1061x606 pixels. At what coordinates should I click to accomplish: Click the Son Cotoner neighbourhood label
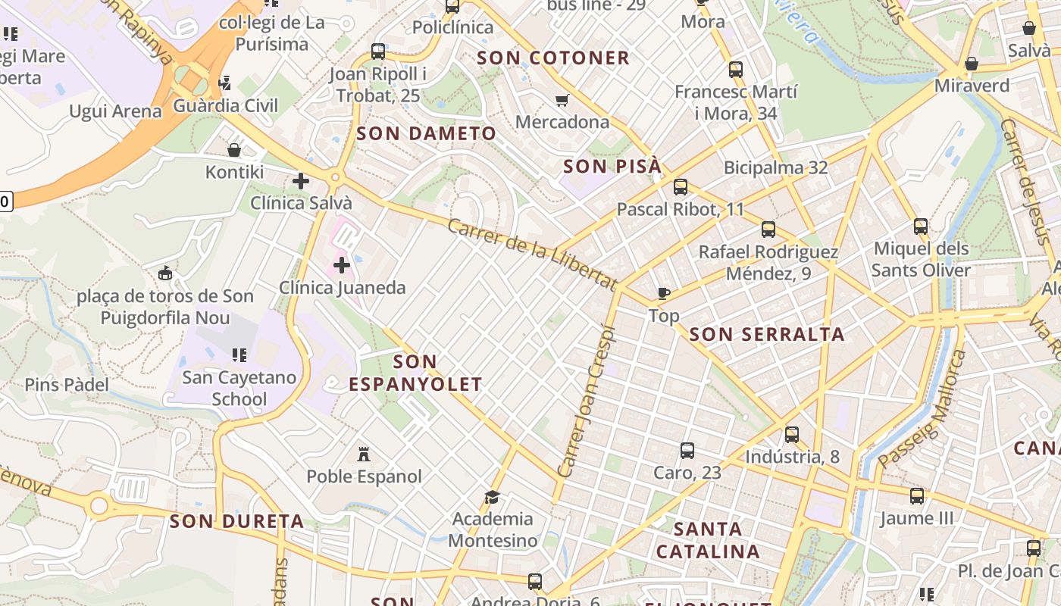pyautogui.click(x=553, y=58)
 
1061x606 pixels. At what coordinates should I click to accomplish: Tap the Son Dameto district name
pyautogui.click(x=426, y=133)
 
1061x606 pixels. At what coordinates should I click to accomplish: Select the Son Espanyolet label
pyautogui.click(x=415, y=373)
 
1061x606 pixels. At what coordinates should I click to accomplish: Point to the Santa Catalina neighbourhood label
pyautogui.click(x=708, y=539)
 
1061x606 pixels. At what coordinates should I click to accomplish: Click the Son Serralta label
pyautogui.click(x=767, y=334)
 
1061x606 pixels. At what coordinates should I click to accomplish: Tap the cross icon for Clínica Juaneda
pyautogui.click(x=342, y=265)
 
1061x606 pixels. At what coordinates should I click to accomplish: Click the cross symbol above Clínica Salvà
pyautogui.click(x=301, y=181)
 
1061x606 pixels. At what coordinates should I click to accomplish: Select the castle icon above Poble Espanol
pyautogui.click(x=364, y=454)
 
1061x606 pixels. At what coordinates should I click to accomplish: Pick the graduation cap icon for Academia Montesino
pyautogui.click(x=493, y=497)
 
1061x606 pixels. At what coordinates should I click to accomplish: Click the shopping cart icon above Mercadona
pyautogui.click(x=562, y=100)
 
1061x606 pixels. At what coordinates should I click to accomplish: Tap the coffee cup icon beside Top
pyautogui.click(x=664, y=293)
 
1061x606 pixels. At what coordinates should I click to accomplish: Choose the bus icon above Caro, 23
pyautogui.click(x=687, y=450)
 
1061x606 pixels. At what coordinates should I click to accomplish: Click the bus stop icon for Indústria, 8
pyautogui.click(x=792, y=434)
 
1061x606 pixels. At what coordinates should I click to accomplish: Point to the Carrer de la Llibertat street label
pyautogui.click(x=532, y=255)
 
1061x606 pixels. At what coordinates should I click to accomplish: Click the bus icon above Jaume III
pyautogui.click(x=917, y=496)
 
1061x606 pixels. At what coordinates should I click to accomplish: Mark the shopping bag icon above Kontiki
pyautogui.click(x=234, y=150)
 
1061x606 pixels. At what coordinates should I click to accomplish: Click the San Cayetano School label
pyautogui.click(x=239, y=388)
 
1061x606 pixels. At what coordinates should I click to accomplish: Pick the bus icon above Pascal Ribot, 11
pyautogui.click(x=681, y=186)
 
